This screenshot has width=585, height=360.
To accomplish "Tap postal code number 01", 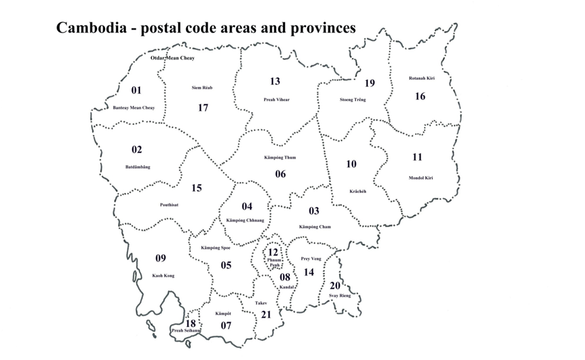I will tap(137, 90).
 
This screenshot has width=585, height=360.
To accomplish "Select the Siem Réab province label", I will tap(202, 88).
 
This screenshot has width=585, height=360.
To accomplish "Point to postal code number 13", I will tap(275, 82).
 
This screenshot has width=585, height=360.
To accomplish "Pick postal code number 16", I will tap(420, 96).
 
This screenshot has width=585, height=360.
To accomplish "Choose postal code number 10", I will tap(351, 164).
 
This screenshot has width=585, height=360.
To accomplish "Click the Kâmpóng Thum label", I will tap(280, 158).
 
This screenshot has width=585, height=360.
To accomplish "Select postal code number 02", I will tap(137, 150).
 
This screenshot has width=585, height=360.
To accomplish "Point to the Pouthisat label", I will tap(169, 204).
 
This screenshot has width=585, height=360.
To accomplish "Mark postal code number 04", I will tap(247, 206).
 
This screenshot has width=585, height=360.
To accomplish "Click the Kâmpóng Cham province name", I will tap(315, 227).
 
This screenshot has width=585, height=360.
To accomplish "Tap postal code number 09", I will tap(160, 258).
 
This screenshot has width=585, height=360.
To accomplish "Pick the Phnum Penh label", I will tap(273, 262).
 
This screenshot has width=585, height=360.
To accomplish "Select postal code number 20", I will tap(335, 285).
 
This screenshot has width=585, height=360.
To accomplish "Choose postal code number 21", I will tap(266, 315).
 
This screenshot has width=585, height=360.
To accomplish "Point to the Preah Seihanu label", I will tap(186, 330).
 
